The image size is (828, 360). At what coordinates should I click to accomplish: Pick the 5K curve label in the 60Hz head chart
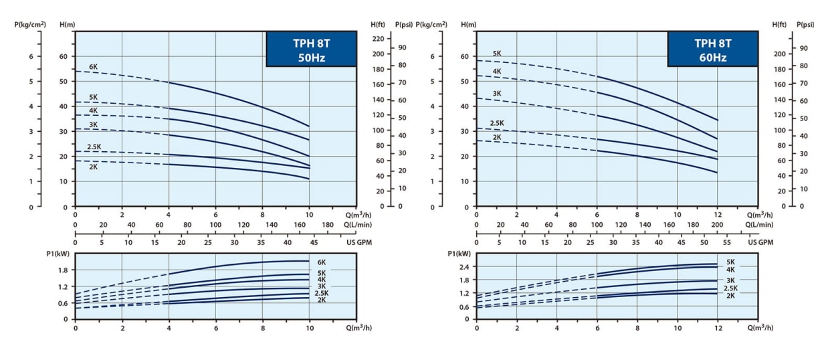(x=497, y=54)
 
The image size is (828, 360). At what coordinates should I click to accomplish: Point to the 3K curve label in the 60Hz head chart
(x=497, y=93)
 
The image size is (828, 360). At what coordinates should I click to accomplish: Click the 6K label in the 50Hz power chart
(x=322, y=262)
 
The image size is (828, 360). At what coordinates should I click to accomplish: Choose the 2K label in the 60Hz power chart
(x=730, y=295)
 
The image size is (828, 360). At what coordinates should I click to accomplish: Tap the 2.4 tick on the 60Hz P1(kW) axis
(x=463, y=266)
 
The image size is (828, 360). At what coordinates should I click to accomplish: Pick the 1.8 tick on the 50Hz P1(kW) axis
(x=62, y=270)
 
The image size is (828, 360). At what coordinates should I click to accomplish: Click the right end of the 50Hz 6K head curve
(x=309, y=126)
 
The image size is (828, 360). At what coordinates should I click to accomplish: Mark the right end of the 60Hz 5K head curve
(x=717, y=120)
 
